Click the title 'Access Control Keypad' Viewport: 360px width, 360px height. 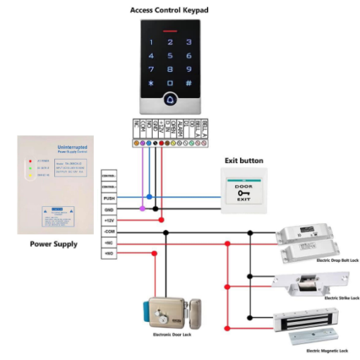pos(169,10)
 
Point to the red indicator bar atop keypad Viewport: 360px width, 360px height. pos(169,31)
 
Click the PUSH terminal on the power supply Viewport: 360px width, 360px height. pos(109,198)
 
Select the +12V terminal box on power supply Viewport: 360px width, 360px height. pos(109,220)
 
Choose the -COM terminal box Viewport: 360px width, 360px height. pos(109,232)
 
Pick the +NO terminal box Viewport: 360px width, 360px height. pos(109,253)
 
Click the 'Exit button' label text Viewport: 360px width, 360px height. pos(244,161)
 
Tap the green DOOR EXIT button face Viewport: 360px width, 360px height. pos(244,191)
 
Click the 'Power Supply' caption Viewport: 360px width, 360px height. pos(54,244)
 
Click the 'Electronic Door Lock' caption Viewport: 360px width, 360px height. pos(172,334)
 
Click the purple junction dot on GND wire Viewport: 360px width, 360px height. pos(143,209)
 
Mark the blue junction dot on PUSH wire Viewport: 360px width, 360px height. pos(149,198)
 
